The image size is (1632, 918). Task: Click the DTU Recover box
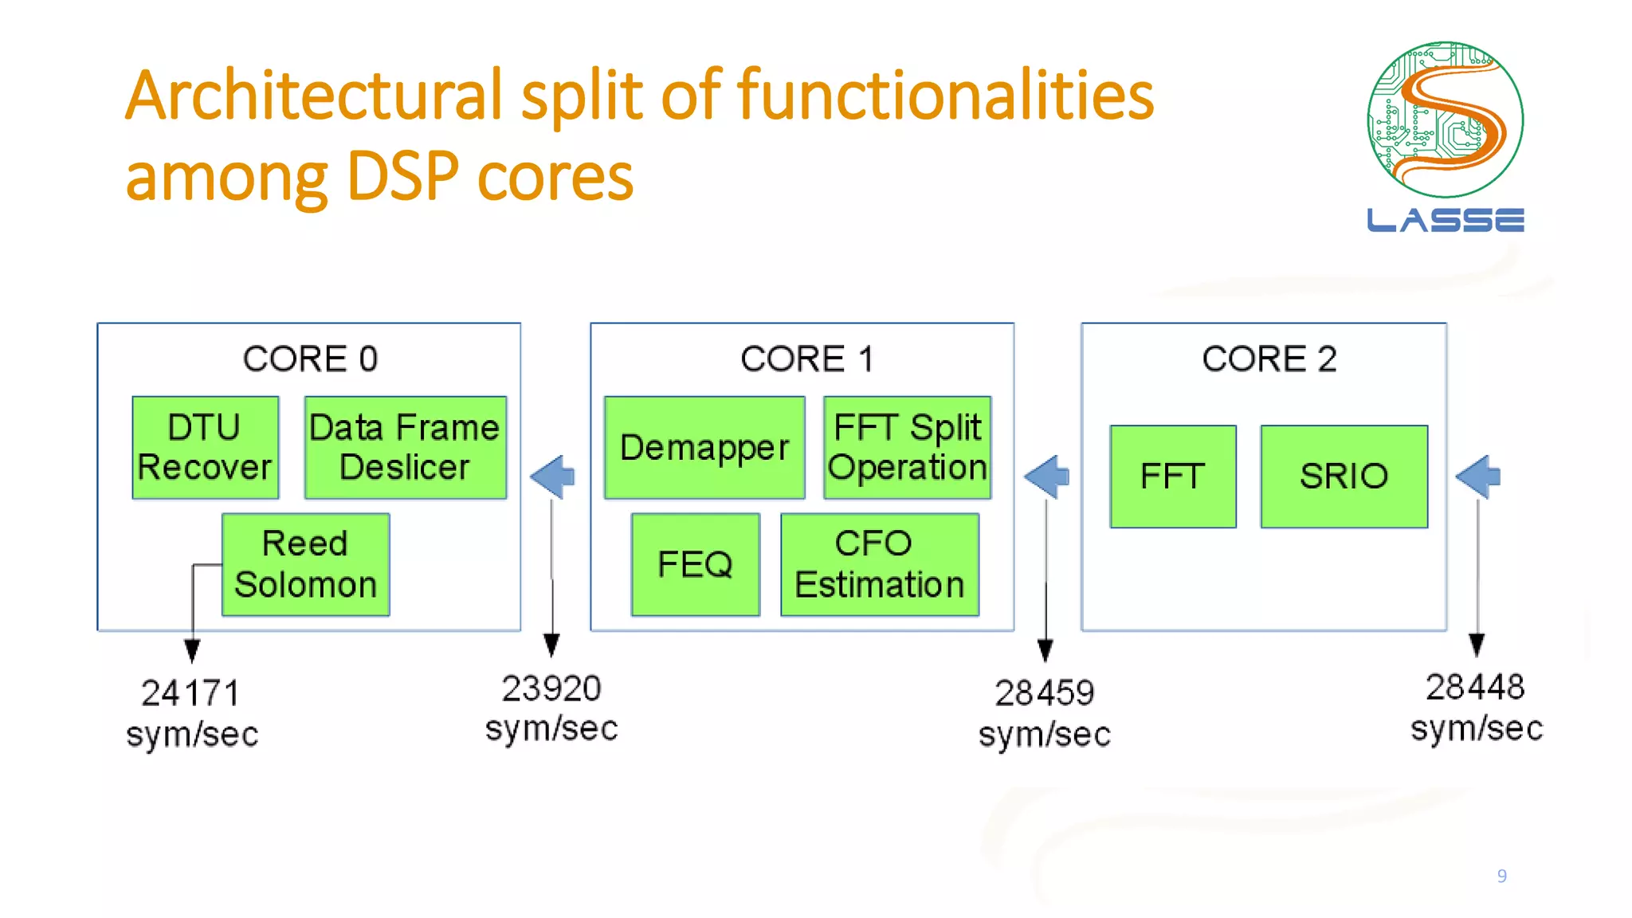tap(205, 448)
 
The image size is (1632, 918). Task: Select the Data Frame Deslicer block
tap(405, 448)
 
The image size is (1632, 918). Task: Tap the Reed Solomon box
tap(305, 564)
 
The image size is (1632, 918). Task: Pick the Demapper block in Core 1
tap(704, 448)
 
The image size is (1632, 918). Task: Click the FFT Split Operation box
tap(907, 448)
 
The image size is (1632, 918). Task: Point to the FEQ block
tap(695, 564)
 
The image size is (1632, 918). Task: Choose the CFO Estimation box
tap(879, 564)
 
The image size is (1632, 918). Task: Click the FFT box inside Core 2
tap(1172, 477)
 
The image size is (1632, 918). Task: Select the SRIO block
tap(1344, 477)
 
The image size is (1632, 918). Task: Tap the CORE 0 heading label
tap(310, 359)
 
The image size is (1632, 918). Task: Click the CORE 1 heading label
tap(806, 359)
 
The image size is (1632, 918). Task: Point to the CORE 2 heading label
tap(1269, 359)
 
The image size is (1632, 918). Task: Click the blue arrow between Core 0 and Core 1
tap(553, 477)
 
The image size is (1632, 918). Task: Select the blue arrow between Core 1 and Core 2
tap(1047, 477)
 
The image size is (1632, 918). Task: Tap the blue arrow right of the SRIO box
tap(1479, 477)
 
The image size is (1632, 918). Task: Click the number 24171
tap(190, 693)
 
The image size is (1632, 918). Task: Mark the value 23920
tap(551, 688)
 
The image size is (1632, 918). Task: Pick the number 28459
tap(1044, 693)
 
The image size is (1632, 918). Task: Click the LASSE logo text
tap(1445, 220)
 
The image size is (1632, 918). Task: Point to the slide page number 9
tap(1501, 876)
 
